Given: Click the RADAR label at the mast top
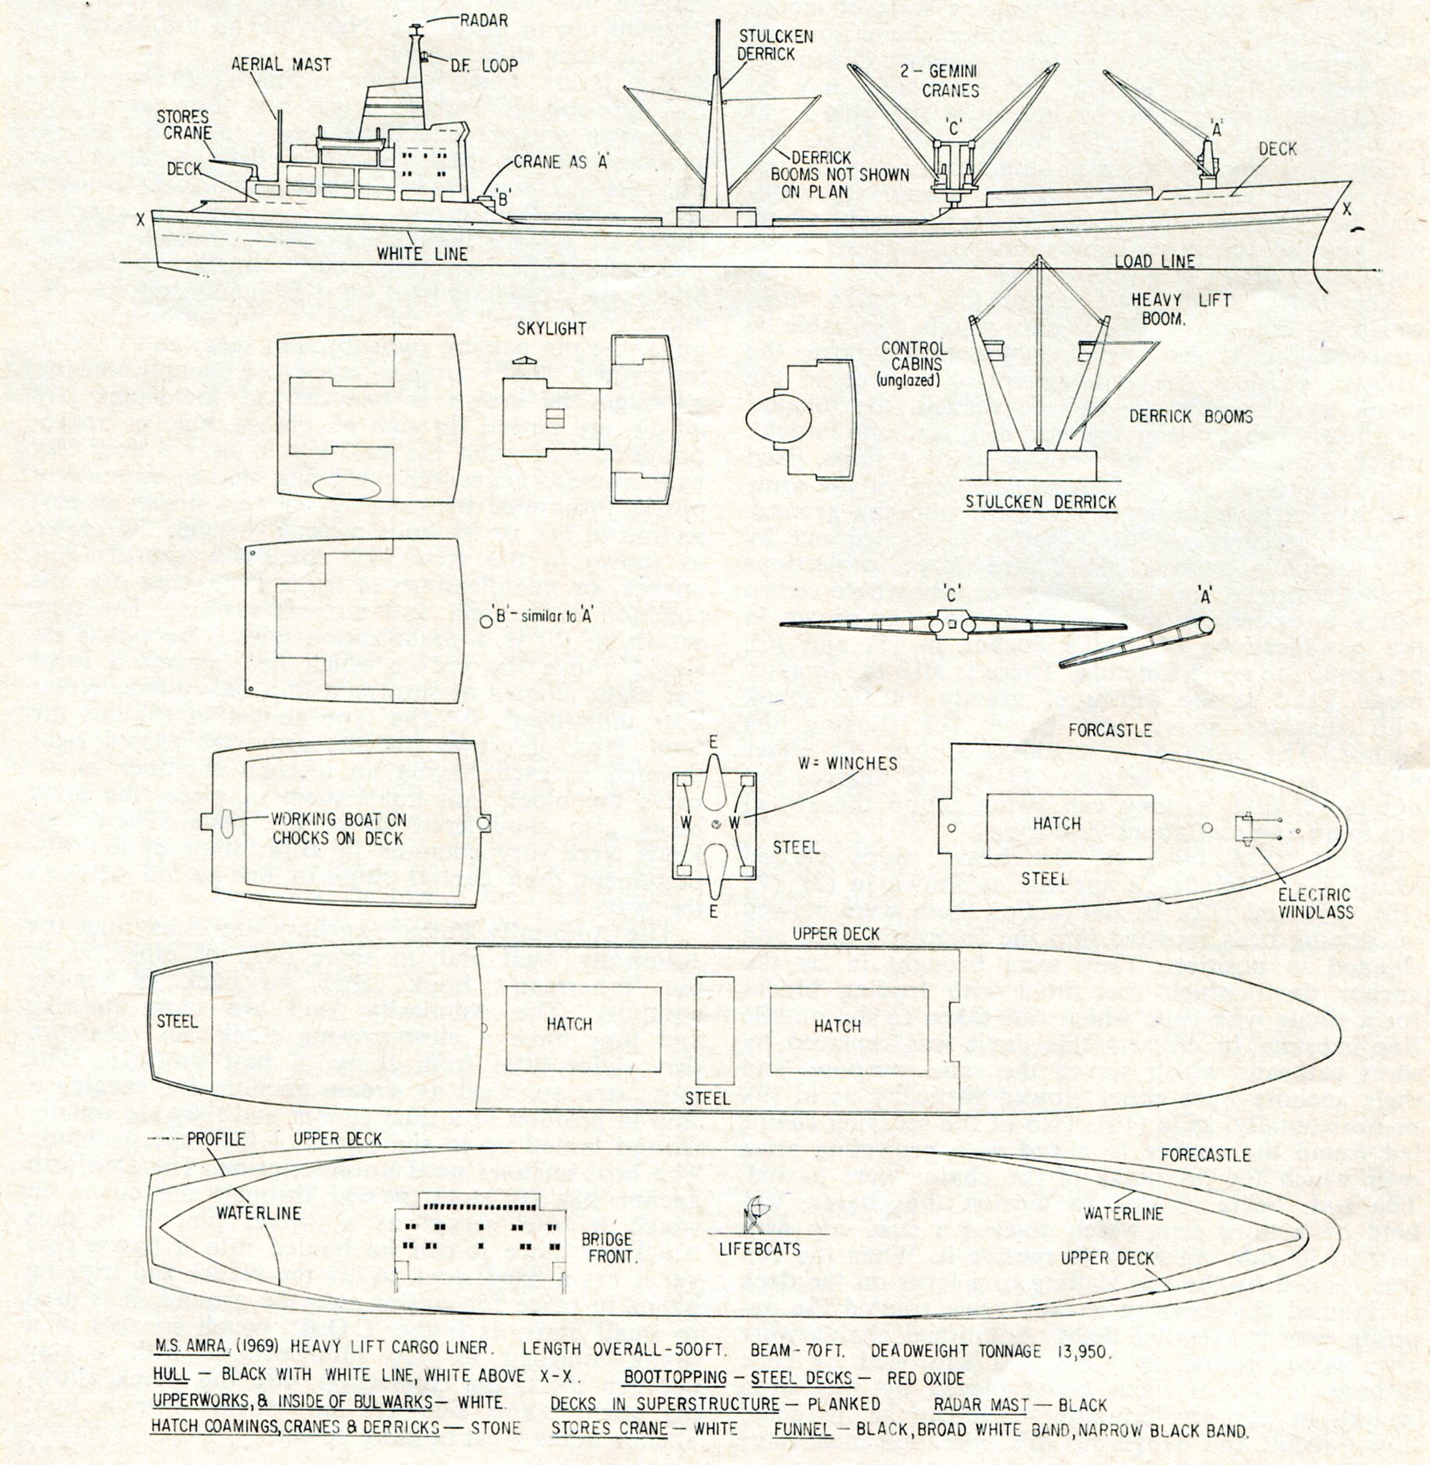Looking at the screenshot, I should pyautogui.click(x=484, y=21).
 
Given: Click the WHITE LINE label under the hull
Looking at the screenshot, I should pyautogui.click(x=422, y=254).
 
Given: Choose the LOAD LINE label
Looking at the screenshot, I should pyautogui.click(x=1154, y=261).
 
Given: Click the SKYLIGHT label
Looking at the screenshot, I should pyautogui.click(x=551, y=328).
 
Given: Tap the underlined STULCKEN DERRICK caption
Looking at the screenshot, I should pyautogui.click(x=1041, y=502).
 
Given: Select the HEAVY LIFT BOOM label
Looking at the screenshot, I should pyautogui.click(x=1181, y=310).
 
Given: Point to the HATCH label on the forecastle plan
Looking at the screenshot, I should pyautogui.click(x=1057, y=824).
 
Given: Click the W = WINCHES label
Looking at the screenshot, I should pyautogui.click(x=848, y=763).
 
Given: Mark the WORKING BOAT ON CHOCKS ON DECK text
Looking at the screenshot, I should pyautogui.click(x=338, y=828).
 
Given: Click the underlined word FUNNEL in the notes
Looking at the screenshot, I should pyautogui.click(x=802, y=1429).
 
